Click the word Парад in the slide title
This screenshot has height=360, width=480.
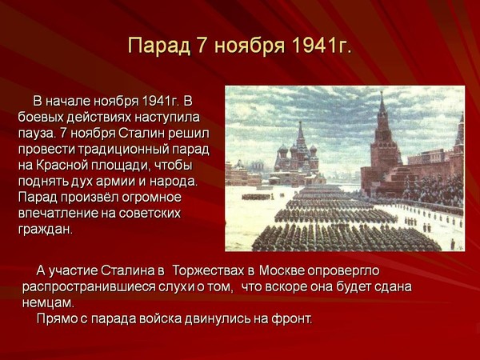tap(159, 46)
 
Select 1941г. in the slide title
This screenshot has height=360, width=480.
tap(321, 46)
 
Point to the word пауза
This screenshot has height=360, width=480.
tap(37, 134)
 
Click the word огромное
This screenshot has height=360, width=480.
tap(151, 198)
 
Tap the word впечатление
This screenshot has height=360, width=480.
tap(58, 214)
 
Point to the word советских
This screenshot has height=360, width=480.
tap(150, 214)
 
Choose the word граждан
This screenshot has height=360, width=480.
tap(46, 230)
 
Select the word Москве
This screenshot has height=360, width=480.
tap(282, 271)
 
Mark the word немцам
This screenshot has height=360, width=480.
tap(48, 303)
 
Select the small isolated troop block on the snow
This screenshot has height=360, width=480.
tap(257, 196)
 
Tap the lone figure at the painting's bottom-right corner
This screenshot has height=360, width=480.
tap(453, 244)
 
